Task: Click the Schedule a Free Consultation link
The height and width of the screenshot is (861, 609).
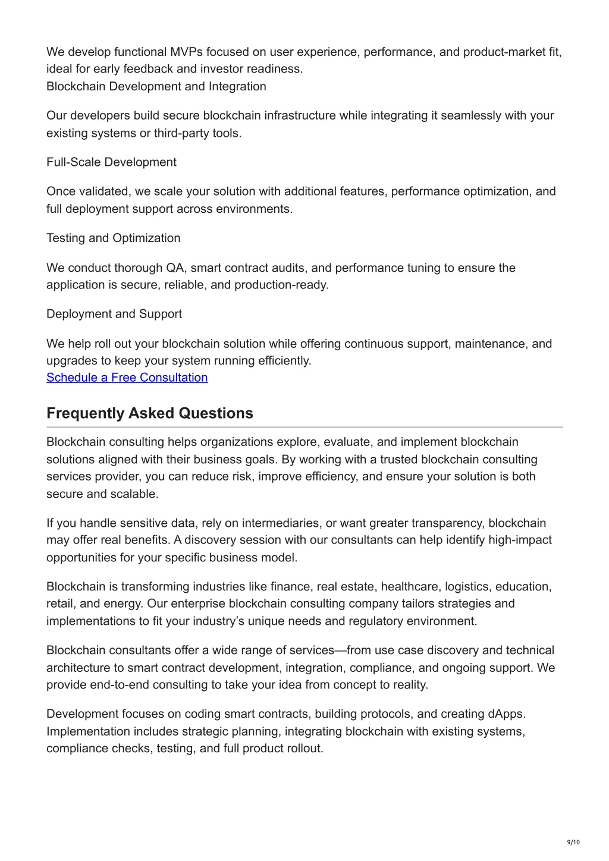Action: [127, 378]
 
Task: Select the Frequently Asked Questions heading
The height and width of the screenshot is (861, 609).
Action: [150, 413]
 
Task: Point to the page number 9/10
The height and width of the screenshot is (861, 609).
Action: [573, 842]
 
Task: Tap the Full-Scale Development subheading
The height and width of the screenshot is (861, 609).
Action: [111, 162]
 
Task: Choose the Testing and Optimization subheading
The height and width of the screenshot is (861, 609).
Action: [113, 238]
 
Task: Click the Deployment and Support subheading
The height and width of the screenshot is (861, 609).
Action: [114, 314]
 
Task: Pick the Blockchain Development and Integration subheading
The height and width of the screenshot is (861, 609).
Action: [156, 86]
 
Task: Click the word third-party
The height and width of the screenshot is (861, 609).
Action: [178, 133]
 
